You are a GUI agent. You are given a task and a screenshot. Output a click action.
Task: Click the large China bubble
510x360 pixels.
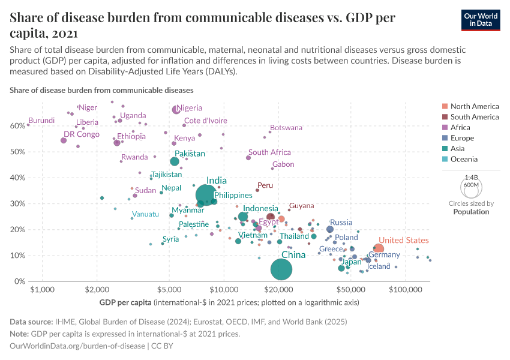tap(281, 270)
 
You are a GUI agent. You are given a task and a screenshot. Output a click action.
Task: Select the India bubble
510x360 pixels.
tap(206, 194)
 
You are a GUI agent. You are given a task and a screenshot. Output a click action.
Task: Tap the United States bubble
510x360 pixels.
tap(378, 249)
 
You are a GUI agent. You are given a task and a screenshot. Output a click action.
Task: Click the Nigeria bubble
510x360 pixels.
tap(176, 110)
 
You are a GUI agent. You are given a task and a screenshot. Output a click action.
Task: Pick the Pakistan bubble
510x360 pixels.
tap(175, 161)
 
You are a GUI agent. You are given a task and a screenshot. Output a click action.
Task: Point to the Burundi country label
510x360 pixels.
tap(41, 120)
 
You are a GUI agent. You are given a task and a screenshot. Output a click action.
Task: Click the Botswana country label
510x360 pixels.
tap(286, 128)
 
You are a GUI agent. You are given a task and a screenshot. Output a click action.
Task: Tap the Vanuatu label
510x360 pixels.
tap(145, 214)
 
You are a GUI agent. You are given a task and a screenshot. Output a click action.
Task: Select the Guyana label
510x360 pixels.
tap(301, 206)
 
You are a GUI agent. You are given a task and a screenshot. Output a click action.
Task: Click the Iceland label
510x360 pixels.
tap(379, 266)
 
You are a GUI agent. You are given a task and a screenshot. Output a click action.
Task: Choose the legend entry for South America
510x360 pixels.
tap(474, 117)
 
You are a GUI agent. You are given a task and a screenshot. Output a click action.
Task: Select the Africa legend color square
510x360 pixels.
tap(445, 128)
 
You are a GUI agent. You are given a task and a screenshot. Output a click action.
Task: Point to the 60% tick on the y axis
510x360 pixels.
tap(17, 126)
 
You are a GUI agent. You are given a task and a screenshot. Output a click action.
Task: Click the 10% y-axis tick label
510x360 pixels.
tap(17, 256)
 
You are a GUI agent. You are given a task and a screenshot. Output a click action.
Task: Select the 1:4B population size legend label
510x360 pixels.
tap(471, 178)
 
